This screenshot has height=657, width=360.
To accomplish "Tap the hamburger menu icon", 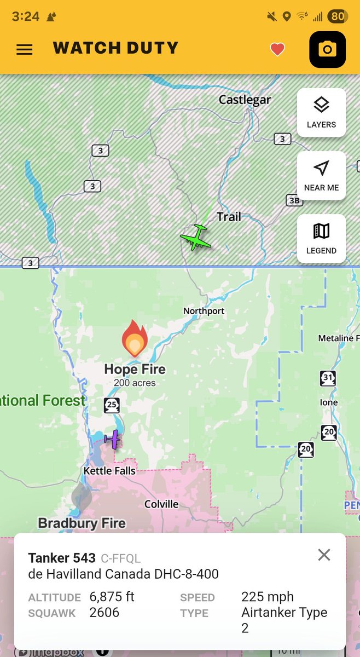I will coord(25,49).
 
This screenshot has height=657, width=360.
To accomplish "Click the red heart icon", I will coord(277,50).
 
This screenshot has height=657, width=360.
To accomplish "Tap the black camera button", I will coord(327,50).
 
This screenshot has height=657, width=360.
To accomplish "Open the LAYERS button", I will coord(321,112).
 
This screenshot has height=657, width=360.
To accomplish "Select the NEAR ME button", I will coord(321,175).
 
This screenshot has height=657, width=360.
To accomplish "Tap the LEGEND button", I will coord(321,239).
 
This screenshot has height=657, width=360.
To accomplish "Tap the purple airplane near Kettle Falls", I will coord(113,439).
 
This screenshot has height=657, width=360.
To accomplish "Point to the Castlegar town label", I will coord(245,100).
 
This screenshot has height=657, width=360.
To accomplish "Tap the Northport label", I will coord(204,311).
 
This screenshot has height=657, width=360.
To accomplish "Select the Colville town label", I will coord(161,504).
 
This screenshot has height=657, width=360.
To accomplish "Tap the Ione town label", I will coord(328,402).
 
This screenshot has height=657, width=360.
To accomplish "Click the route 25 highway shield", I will coord(112,406).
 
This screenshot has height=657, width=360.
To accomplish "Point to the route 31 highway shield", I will coord(327,378).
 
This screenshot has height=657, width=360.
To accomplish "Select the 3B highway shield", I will coord(294,200).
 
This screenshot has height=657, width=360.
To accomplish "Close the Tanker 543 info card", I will coord(324,555).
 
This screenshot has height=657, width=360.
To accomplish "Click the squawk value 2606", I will coord(104,612).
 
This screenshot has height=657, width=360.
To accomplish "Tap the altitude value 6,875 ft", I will coord(112,596).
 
